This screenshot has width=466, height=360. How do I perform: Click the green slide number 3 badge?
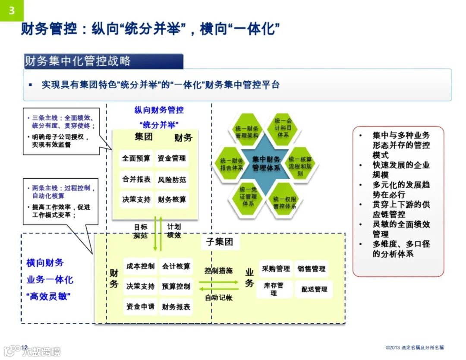click(x=12, y=10)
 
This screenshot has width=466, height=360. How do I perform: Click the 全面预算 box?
click(x=136, y=158)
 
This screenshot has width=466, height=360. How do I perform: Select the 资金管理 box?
click(x=172, y=158)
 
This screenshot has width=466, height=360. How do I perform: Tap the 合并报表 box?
click(x=136, y=179)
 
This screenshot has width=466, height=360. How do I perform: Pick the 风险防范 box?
click(x=172, y=179)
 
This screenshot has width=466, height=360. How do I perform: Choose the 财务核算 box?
click(x=172, y=199)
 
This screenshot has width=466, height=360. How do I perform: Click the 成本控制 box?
click(x=141, y=266)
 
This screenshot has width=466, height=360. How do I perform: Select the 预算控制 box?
click(x=176, y=286)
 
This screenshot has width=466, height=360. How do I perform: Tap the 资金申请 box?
click(x=141, y=306)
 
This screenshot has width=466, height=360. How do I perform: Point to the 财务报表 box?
click(x=176, y=306)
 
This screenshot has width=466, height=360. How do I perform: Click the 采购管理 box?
click(x=276, y=269)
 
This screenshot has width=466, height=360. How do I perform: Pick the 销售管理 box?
click(x=312, y=269)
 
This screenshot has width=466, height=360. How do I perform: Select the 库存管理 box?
click(x=274, y=289)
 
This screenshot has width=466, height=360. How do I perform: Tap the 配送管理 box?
click(x=314, y=289)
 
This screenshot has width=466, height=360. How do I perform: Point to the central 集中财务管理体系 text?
click(x=266, y=164)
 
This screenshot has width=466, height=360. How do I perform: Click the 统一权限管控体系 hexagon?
click(x=285, y=202)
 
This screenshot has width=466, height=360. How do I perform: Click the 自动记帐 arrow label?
click(x=218, y=297)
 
